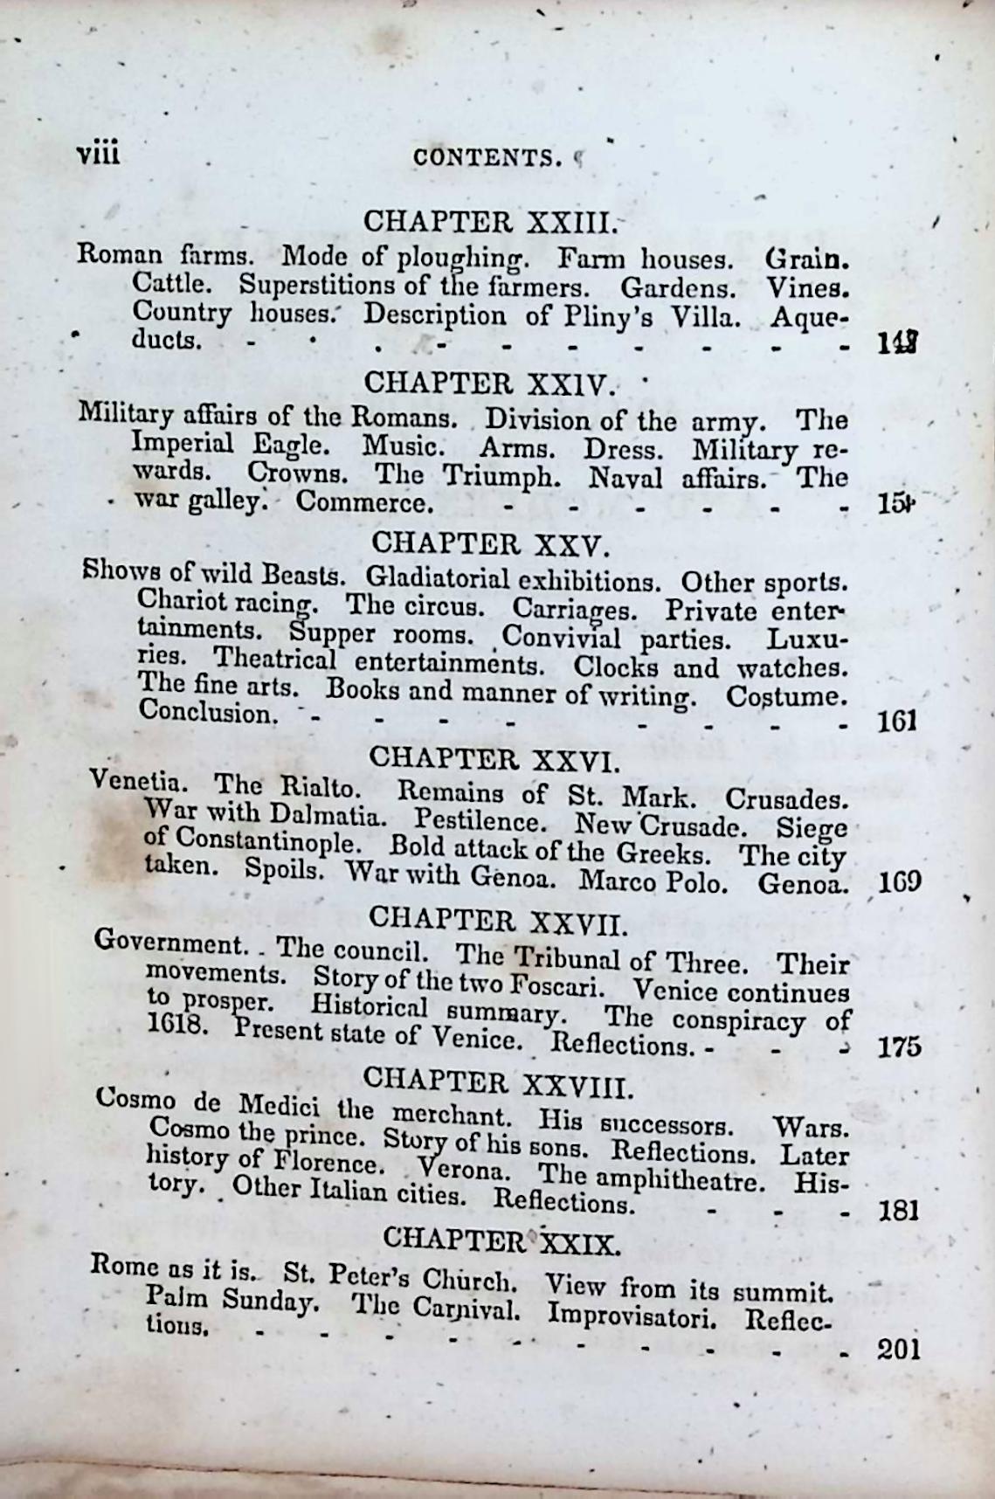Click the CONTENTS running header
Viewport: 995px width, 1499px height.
tap(487, 157)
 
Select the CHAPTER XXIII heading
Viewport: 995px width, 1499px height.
tap(489, 222)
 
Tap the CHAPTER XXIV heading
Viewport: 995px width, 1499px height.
tap(489, 383)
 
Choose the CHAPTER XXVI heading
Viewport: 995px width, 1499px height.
tap(494, 758)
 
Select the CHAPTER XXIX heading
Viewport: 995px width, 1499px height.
tap(501, 1240)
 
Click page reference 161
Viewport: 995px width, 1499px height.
tap(895, 721)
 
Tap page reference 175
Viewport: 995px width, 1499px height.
tap(899, 1047)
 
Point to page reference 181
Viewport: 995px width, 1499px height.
tap(898, 1211)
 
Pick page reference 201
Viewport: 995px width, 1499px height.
tap(898, 1350)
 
